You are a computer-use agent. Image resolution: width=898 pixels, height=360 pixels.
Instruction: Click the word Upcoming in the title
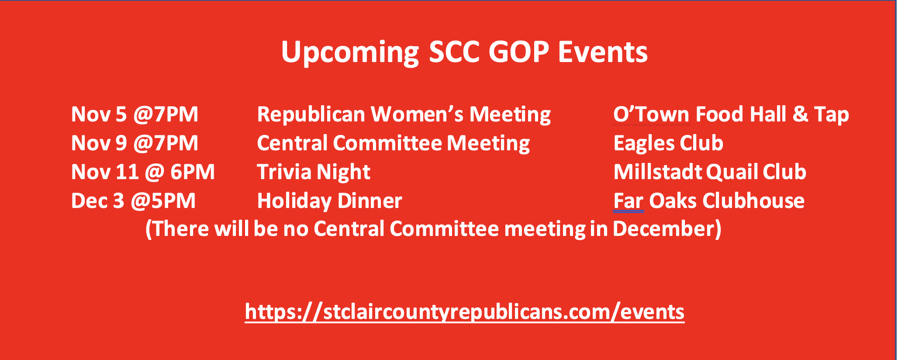click(x=350, y=53)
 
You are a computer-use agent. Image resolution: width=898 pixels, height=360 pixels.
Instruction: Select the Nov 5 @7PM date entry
click(x=135, y=114)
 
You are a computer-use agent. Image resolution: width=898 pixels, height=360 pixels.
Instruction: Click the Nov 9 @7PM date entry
click(x=135, y=143)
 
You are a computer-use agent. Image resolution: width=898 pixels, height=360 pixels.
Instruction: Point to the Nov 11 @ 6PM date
click(x=143, y=172)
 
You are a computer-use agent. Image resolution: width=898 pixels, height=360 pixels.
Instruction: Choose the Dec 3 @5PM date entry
click(x=134, y=201)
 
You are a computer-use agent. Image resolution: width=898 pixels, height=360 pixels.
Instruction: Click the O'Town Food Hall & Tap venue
click(x=731, y=115)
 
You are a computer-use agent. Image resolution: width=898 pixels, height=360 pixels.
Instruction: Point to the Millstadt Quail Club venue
click(x=710, y=172)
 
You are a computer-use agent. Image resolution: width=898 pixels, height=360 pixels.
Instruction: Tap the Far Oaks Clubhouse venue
click(x=709, y=201)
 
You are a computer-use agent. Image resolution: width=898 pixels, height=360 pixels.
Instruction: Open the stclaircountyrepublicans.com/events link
click(x=465, y=312)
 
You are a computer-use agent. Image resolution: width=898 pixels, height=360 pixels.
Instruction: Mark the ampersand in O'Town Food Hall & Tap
click(x=800, y=114)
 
